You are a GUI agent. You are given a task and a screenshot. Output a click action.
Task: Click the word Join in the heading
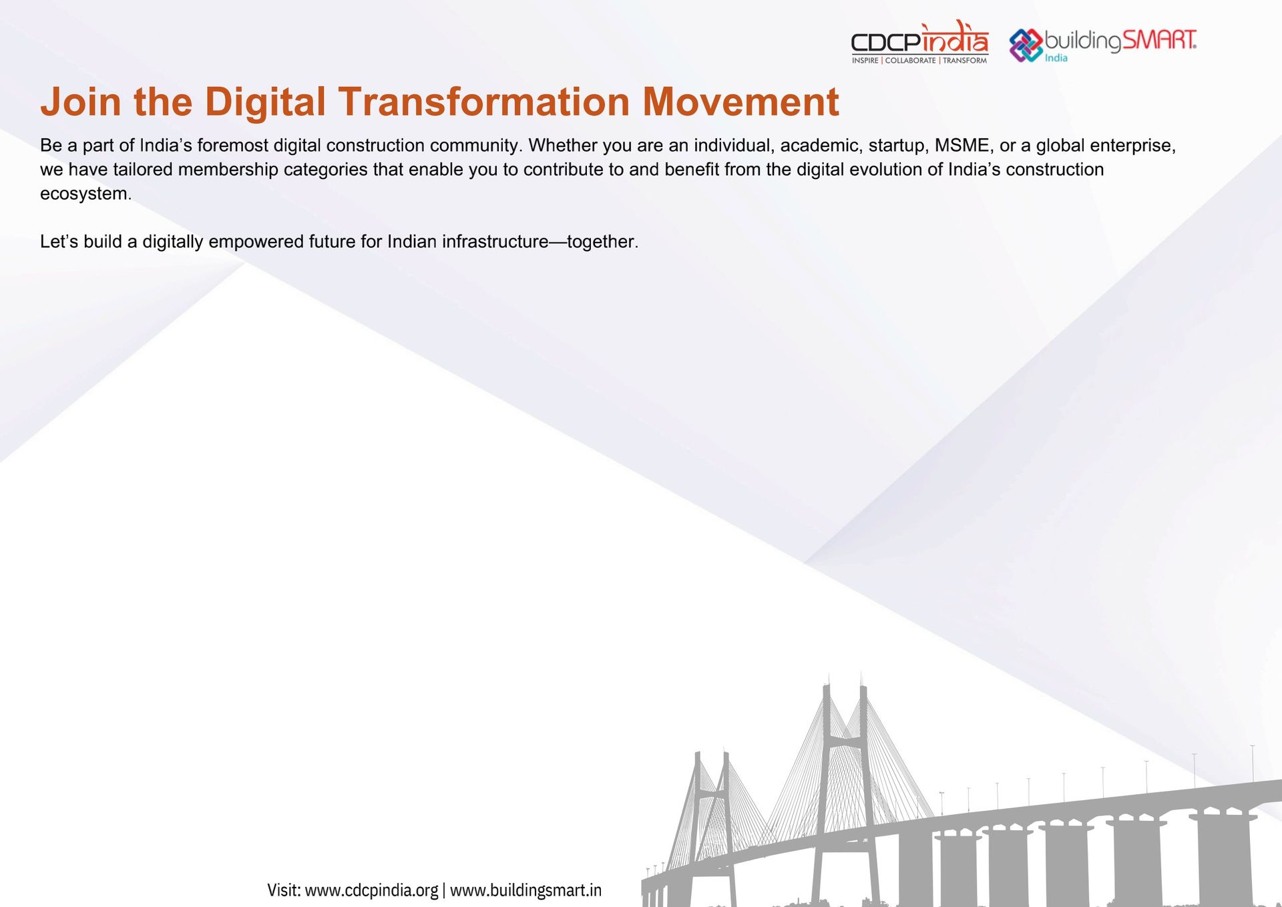point(81,102)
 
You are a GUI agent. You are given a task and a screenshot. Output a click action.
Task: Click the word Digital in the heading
point(265,102)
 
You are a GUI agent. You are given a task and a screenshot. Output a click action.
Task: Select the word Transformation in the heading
point(484,102)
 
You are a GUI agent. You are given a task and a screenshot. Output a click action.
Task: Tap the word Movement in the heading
point(740,102)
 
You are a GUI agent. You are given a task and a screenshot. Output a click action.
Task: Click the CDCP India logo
point(919,42)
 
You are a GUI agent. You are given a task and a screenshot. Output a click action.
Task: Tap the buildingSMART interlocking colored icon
point(1026,45)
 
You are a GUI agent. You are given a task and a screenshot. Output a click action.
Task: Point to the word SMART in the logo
point(1159,40)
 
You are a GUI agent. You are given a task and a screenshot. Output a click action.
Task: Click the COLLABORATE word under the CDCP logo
point(910,61)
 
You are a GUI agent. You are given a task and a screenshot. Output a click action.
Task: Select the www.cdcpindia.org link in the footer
point(371,890)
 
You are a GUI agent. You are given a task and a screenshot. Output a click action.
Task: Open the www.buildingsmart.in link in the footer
point(525,890)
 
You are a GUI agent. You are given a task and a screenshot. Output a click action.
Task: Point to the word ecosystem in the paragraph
point(84,194)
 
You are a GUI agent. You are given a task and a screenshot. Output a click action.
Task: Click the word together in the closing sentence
point(601,242)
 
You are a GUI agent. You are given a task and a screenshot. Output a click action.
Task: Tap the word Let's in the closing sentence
point(59,242)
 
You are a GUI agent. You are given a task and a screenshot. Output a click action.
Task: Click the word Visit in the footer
point(283,890)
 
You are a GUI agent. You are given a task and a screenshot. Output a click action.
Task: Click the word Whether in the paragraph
point(562,146)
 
